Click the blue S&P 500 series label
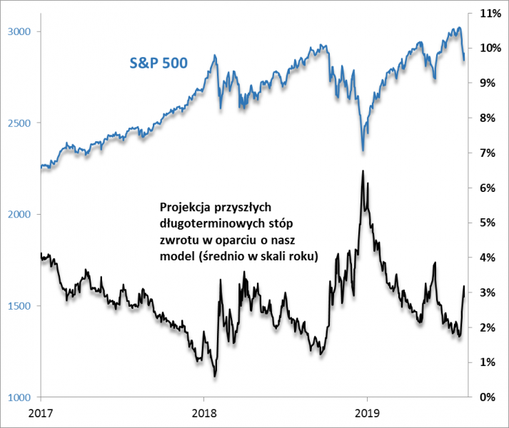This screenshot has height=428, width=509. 158,63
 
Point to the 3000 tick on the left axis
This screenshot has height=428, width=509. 19,32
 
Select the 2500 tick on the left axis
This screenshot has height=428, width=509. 19,123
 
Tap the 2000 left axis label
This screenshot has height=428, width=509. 19,215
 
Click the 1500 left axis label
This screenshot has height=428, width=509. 19,306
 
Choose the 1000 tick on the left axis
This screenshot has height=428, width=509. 19,397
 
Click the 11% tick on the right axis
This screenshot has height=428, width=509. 486,14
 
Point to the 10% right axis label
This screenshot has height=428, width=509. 486,49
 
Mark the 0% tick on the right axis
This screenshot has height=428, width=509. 488,397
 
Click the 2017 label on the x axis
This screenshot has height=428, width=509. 41,414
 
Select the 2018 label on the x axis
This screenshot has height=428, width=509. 204,414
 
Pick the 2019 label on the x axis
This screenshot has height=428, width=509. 367,414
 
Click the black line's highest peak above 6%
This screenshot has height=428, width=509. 363,170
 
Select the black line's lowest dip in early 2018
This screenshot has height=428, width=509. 214,376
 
